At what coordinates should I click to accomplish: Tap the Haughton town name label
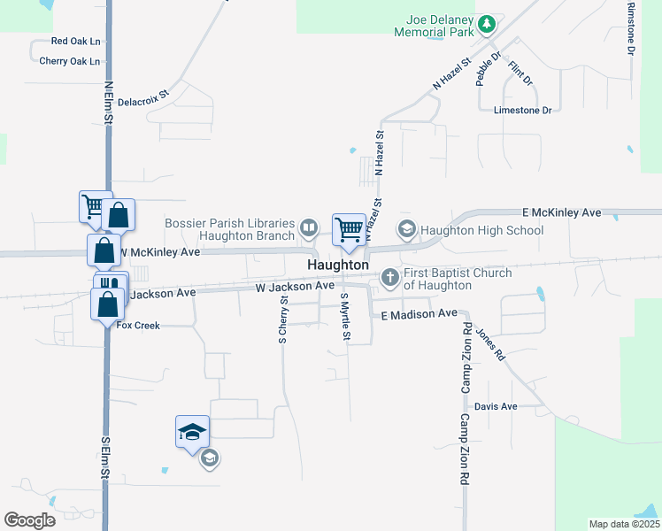click(x=338, y=265)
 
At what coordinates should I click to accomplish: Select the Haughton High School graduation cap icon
click(x=406, y=229)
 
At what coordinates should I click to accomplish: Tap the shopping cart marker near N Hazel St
click(x=350, y=230)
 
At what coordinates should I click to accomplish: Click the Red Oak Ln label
click(x=75, y=41)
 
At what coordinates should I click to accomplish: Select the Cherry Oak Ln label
click(x=70, y=61)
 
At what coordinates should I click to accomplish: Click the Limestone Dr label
click(x=522, y=110)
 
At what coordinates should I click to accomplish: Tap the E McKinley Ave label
click(x=560, y=213)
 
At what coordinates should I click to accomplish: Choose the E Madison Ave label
click(x=419, y=314)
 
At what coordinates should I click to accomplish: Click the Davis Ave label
click(x=496, y=407)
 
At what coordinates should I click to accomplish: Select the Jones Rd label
click(x=489, y=344)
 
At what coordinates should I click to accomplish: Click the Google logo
click(x=29, y=520)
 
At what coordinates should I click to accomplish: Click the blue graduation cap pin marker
click(x=192, y=432)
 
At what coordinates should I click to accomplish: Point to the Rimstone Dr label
click(x=631, y=29)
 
